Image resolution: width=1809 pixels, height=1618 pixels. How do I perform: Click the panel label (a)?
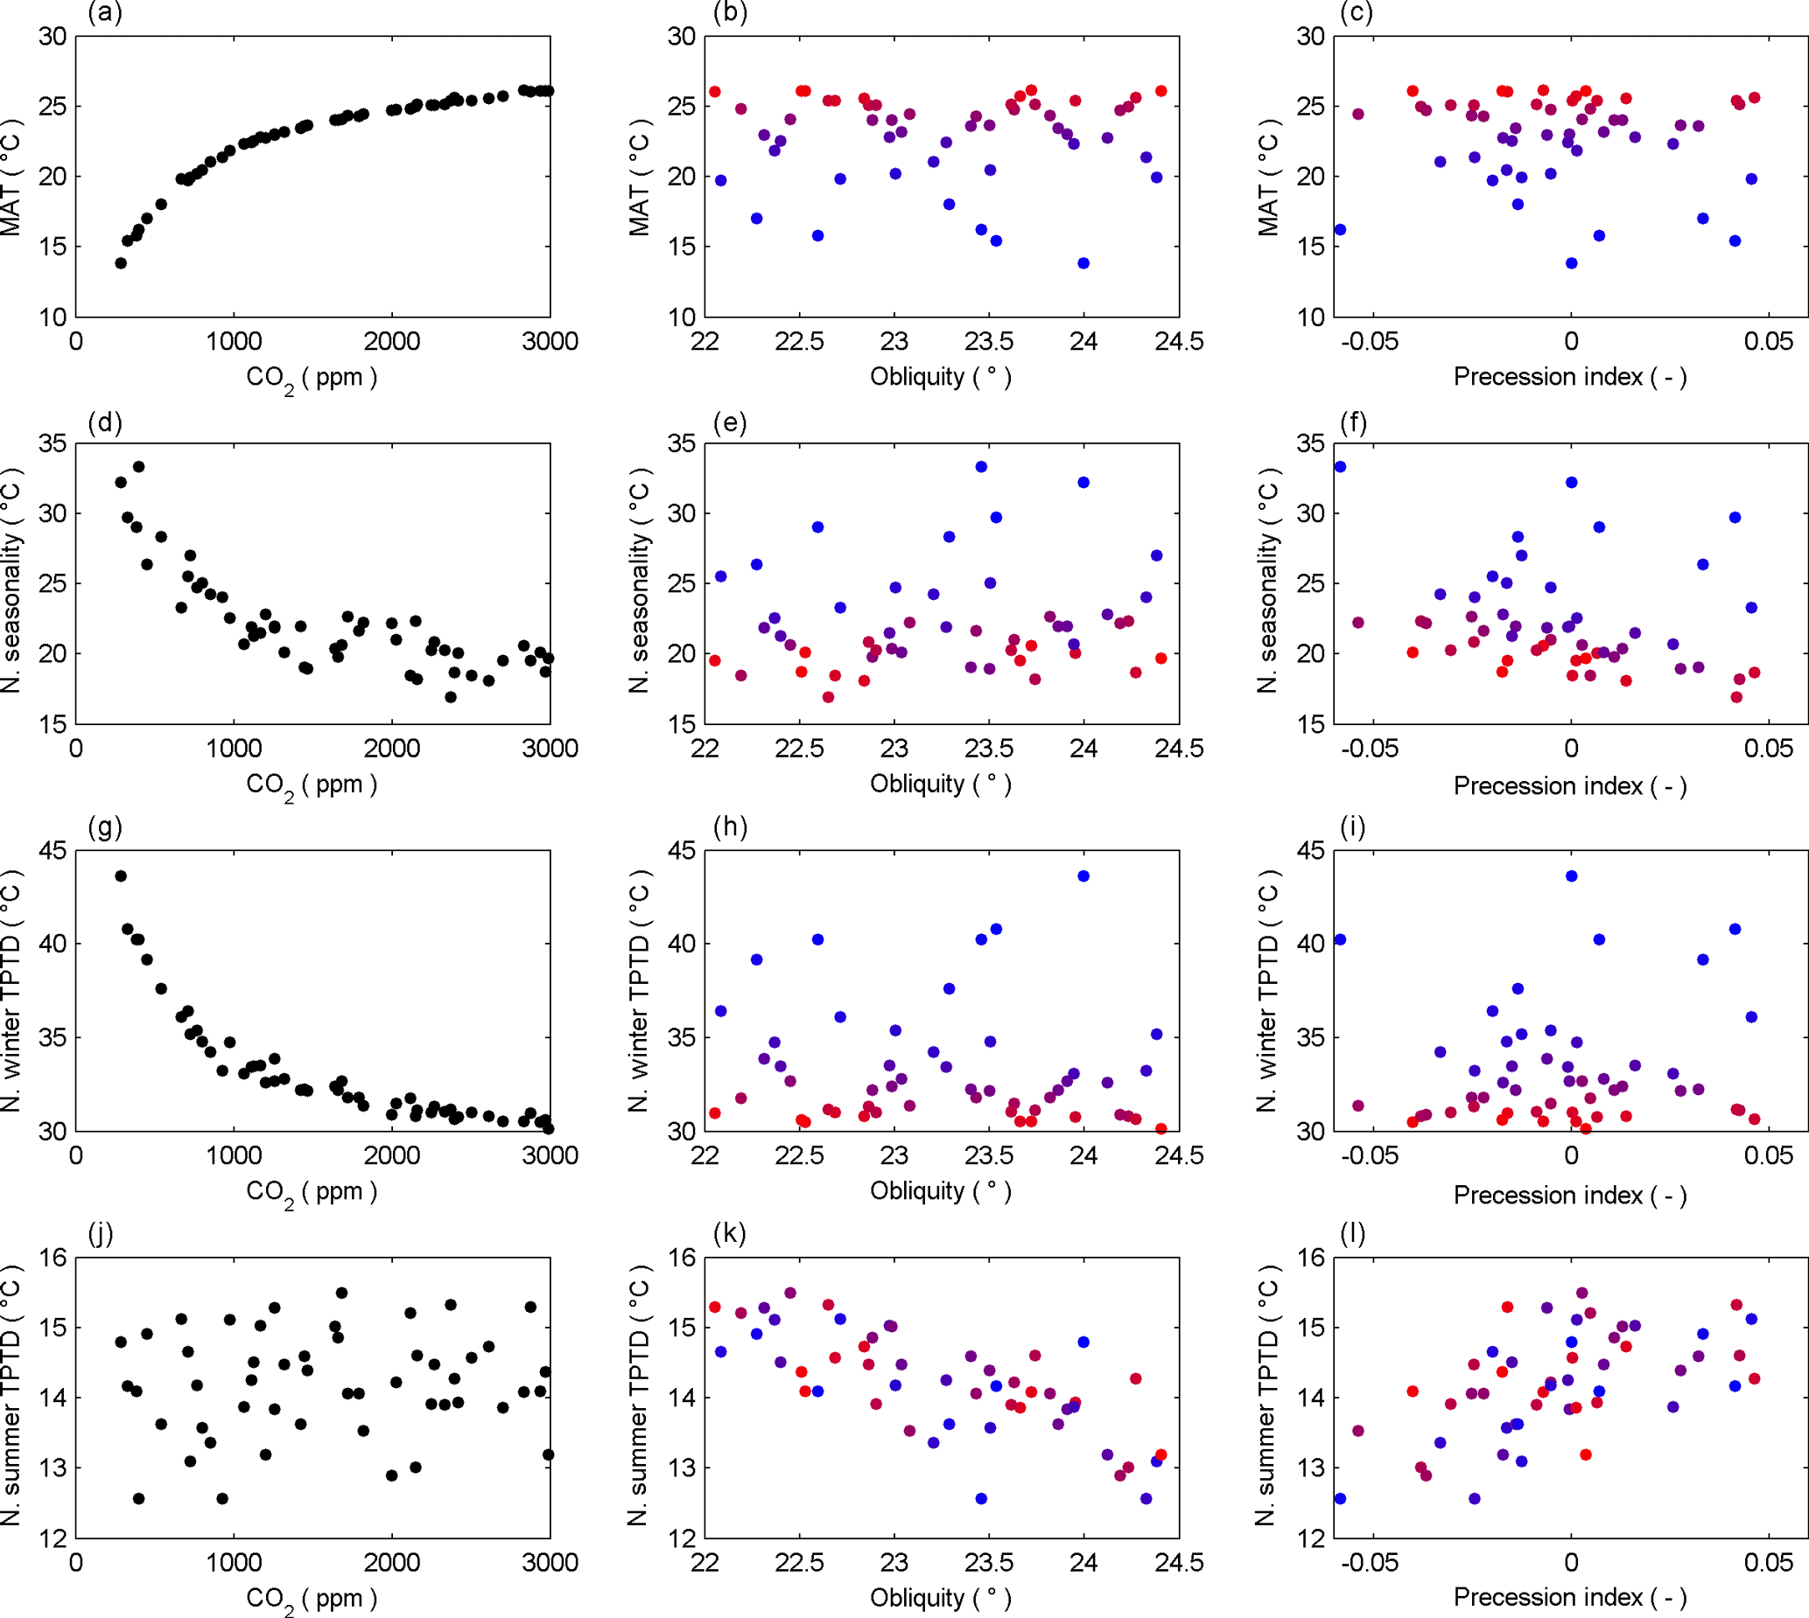pos(105,12)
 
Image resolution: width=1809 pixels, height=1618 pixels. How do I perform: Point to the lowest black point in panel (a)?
pos(121,263)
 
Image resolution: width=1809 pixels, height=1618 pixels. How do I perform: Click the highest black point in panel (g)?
pos(121,875)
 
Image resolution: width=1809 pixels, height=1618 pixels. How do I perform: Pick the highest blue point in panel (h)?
pos(1083,875)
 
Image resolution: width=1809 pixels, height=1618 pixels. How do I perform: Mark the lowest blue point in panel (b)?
pos(1083,263)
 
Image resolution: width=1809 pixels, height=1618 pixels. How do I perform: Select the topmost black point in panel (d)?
pos(139,467)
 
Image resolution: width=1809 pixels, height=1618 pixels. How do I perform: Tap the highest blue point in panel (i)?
pos(1572,875)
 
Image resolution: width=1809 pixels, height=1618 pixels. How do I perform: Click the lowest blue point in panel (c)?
pos(1572,263)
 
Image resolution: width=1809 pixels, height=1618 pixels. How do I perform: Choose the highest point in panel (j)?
pos(341,1293)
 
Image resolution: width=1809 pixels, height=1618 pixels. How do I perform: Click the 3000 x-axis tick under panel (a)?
pos(550,341)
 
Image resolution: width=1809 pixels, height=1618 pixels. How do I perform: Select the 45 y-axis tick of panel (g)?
pos(53,851)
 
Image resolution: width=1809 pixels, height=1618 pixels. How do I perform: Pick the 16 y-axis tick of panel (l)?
pos(1310,1257)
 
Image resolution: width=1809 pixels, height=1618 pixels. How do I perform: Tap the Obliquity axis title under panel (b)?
pos(941,377)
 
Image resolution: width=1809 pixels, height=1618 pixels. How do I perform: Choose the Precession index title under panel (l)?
pos(1570,1598)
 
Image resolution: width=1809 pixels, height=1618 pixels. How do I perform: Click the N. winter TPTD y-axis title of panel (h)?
pos(639,990)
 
